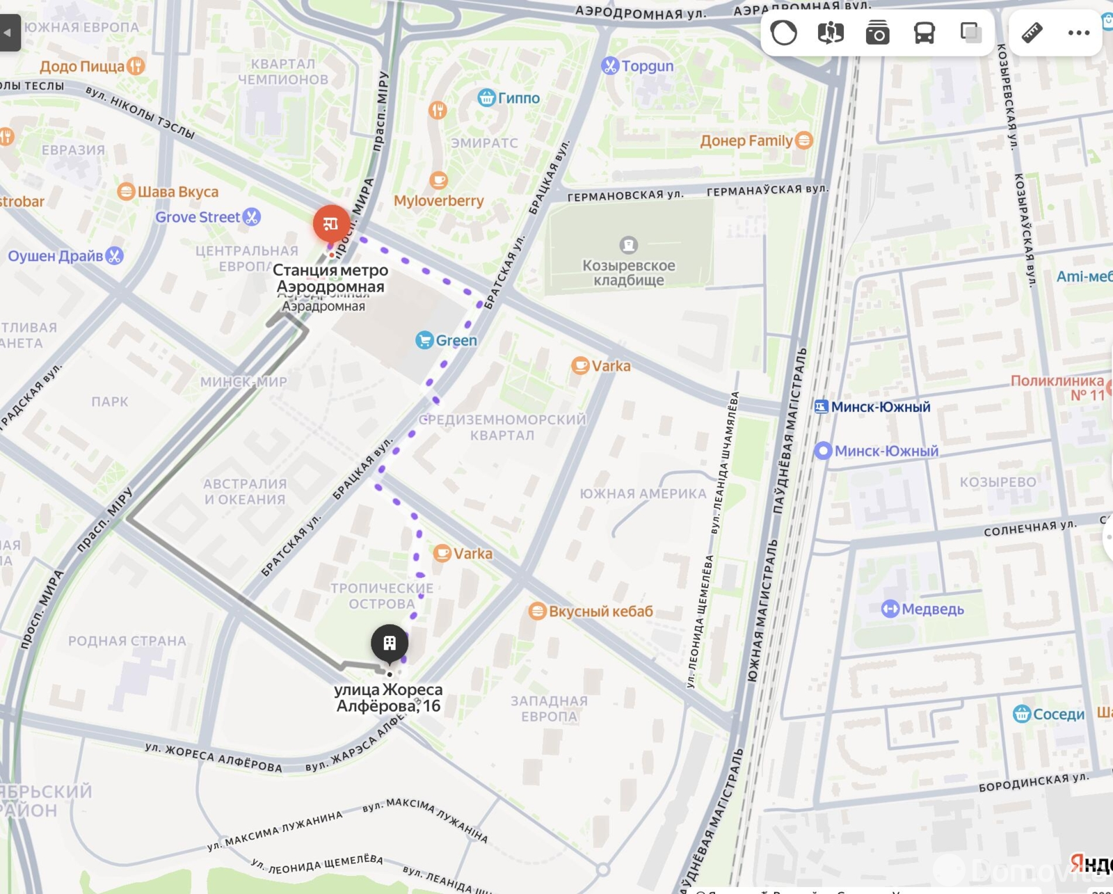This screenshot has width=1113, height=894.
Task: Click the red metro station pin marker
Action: (331, 223)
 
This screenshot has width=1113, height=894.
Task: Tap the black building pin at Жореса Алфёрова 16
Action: (390, 643)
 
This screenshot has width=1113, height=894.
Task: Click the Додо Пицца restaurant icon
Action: (136, 66)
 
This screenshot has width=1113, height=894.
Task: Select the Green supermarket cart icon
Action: (424, 340)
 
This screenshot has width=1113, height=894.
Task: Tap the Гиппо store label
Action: (518, 98)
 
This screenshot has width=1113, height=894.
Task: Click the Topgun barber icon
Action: (609, 66)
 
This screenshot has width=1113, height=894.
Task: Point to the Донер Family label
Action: (746, 141)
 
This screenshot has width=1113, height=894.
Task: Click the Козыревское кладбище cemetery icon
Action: (628, 245)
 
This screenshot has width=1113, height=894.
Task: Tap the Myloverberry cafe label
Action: (438, 201)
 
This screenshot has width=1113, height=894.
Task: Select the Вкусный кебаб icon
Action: (537, 612)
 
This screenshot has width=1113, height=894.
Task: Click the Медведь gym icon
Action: (890, 609)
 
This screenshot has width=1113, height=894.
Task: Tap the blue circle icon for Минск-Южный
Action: (823, 451)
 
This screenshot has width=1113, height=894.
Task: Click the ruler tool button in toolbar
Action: (1032, 33)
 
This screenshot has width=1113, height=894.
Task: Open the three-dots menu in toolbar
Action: (1078, 33)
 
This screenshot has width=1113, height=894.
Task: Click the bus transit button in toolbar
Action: (924, 33)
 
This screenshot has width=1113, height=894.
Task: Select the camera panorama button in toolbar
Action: (877, 33)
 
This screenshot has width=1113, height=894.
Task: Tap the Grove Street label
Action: (198, 217)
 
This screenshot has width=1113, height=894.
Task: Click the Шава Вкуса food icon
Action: (126, 191)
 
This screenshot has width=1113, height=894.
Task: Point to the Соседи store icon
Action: (1021, 714)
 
